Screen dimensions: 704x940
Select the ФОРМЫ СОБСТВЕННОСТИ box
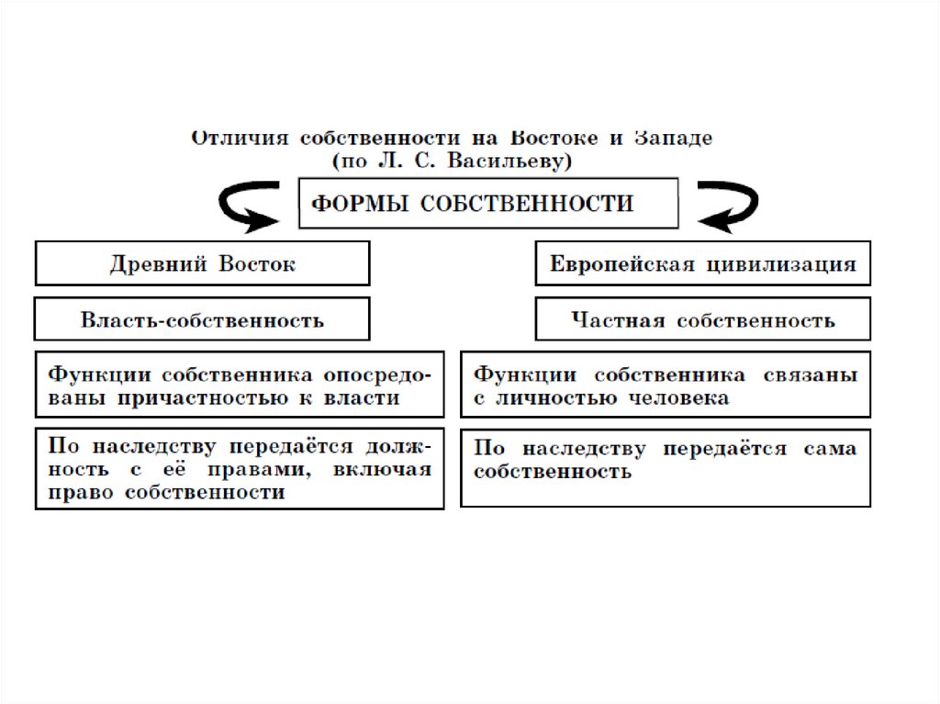click(488, 204)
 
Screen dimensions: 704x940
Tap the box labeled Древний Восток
click(202, 264)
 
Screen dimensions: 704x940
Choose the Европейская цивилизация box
click(702, 264)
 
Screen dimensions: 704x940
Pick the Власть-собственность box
click(202, 320)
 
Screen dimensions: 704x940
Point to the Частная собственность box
click(702, 320)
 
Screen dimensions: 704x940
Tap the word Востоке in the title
click(549, 138)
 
